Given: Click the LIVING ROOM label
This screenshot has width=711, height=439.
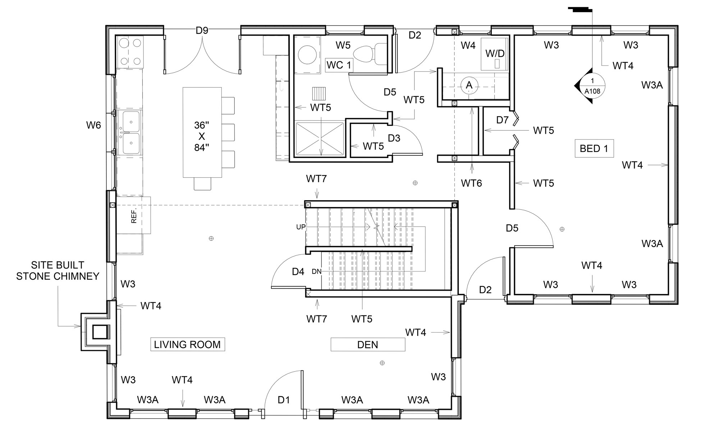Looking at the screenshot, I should tap(187, 344).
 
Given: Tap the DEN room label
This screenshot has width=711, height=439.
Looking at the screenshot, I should tap(367, 345).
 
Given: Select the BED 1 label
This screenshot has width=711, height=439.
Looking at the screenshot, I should tap(594, 148).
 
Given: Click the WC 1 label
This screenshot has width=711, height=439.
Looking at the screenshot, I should tap(339, 65).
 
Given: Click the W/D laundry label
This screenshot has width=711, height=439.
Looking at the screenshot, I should tap(495, 54).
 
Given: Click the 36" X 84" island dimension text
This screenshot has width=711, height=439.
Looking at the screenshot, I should tap(202, 136).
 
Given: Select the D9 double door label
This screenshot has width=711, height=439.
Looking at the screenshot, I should tap(202, 31).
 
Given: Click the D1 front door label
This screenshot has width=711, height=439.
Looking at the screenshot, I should tap(284, 400).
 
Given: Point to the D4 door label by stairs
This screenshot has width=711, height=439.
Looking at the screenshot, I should tap(298, 272).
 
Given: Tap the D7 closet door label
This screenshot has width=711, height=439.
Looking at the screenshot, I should tap(502, 120).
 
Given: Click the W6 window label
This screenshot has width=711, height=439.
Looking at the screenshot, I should tap(93, 125).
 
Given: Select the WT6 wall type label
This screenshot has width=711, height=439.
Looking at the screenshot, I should tap(471, 183).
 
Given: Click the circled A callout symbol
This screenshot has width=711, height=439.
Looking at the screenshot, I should tap(469, 85).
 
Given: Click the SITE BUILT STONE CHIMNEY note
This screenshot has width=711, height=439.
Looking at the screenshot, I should tap(58, 271).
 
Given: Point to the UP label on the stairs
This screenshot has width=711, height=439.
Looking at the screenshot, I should tap(301, 227).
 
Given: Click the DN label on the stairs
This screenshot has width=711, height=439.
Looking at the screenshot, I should tap(316, 272).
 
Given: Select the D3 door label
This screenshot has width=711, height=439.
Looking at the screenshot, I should tap(394, 138).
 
